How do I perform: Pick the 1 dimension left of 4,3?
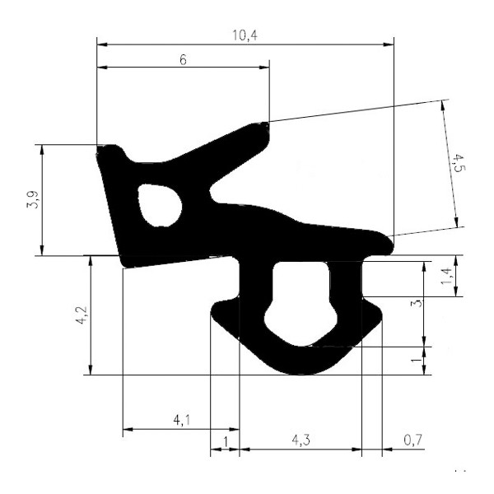pyautogui.click(x=226, y=441)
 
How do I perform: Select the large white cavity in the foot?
pyautogui.click(x=300, y=301)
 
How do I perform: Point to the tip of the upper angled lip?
pyautogui.click(x=263, y=128)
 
